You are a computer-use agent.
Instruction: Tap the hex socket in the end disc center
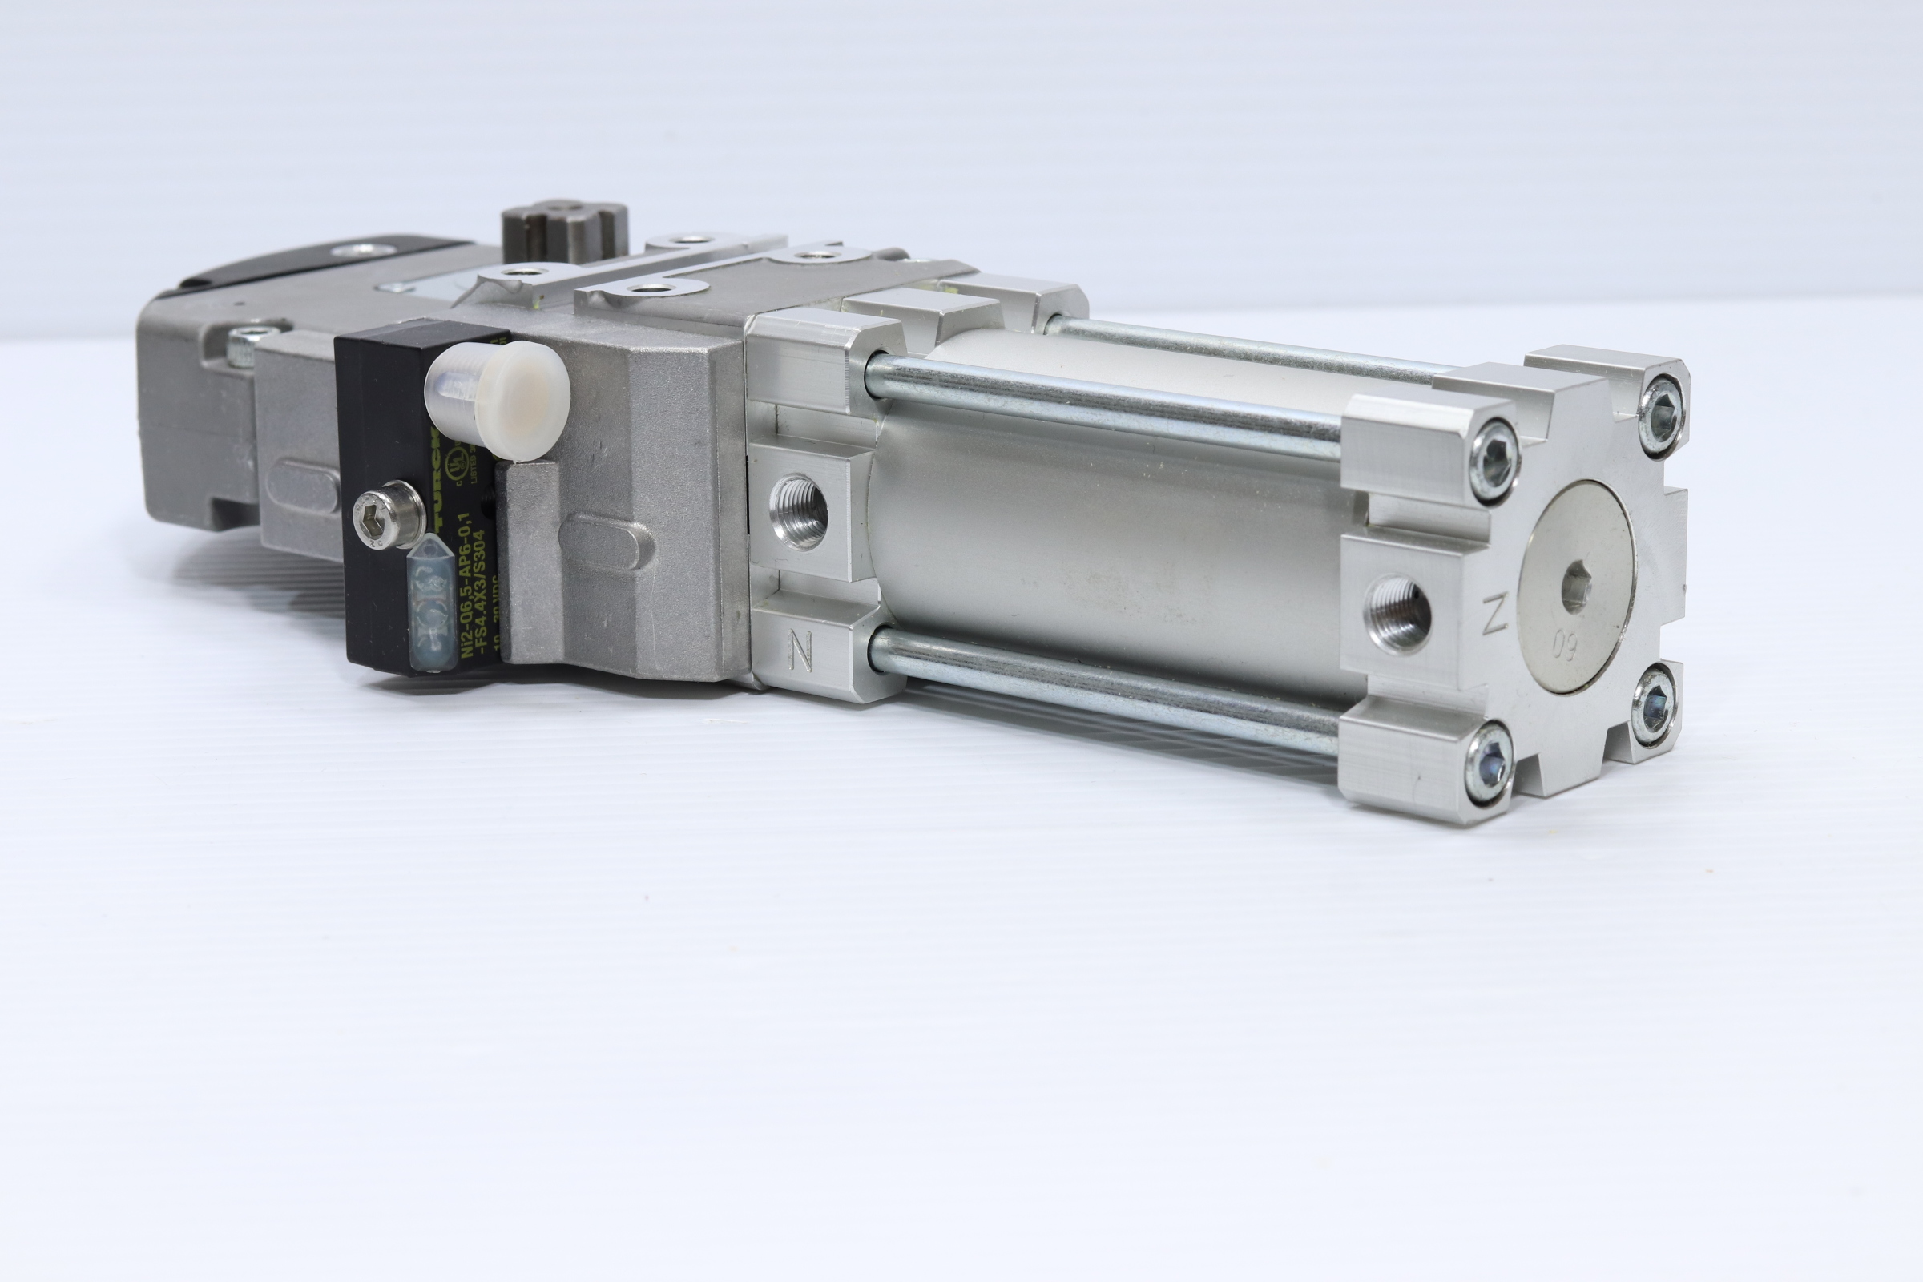tap(1576, 588)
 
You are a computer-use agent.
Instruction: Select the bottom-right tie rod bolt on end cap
tap(1653, 705)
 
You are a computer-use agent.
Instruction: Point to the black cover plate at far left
tap(327, 262)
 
